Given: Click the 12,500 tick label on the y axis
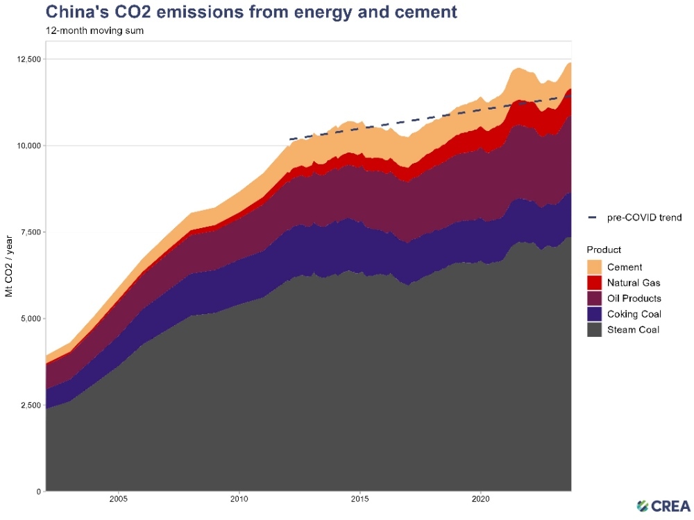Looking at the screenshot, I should pos(28,59).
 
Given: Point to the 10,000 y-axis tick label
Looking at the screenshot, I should pos(28,146).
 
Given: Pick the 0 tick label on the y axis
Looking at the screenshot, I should pos(39,492).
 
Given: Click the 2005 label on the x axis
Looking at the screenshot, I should pos(118,499).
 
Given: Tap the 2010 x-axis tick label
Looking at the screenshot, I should pos(239,499).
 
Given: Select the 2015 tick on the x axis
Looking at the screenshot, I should pos(360,499).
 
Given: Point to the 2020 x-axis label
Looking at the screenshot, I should pos(482,499).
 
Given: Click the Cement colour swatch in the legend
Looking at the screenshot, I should pos(594,267).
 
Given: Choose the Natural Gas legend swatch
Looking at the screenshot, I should pos(594,283).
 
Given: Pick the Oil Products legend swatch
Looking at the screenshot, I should pos(594,299).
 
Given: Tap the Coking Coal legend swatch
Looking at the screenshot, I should pos(594,314).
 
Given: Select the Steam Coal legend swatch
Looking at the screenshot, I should pos(594,330).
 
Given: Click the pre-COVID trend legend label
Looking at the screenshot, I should pos(645,218).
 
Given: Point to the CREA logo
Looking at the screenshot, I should pos(663,505).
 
